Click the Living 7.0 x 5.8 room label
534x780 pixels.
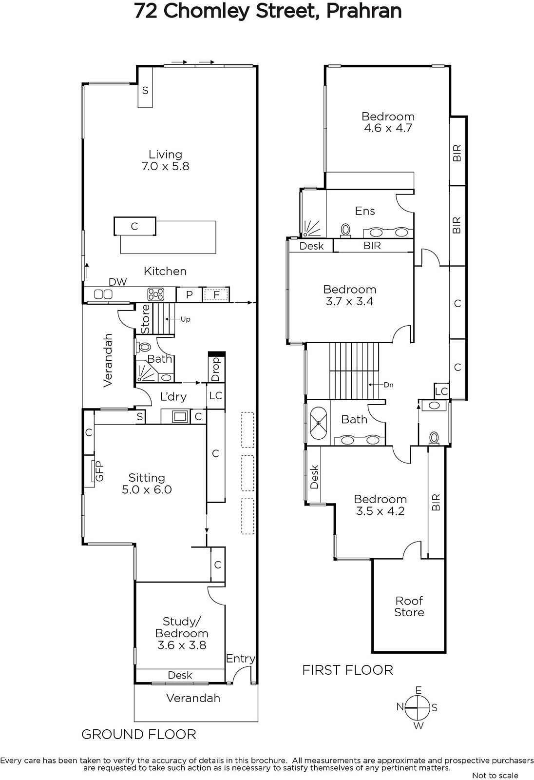click(165, 160)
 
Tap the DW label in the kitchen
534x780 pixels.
click(118, 282)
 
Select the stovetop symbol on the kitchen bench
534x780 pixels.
click(155, 294)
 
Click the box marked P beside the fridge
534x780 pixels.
click(189, 295)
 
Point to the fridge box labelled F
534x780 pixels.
click(216, 295)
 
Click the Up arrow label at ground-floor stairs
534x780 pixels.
click(186, 319)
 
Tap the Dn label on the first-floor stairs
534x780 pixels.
click(388, 385)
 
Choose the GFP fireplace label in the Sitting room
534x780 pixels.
click(99, 471)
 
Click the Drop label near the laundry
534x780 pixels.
click(216, 370)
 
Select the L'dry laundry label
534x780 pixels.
click(173, 397)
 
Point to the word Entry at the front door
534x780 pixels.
click(241, 659)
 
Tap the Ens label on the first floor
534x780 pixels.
click(365, 211)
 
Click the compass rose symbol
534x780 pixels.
click(417, 708)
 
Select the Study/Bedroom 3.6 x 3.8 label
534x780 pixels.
click(182, 633)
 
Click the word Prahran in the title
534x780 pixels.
click(364, 11)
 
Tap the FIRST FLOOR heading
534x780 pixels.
click(347, 670)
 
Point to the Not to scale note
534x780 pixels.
click(495, 776)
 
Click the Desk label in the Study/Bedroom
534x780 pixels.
click(180, 676)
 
